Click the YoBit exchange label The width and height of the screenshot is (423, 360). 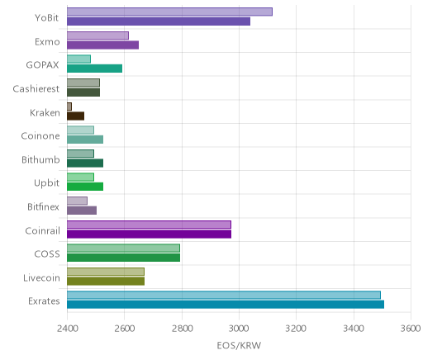(x=46, y=18)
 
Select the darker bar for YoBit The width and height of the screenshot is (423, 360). (x=159, y=21)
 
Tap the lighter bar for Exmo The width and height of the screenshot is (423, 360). (x=97, y=36)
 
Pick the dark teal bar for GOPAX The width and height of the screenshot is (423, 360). (x=94, y=69)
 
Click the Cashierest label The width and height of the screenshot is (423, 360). (x=36, y=89)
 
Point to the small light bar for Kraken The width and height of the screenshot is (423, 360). (x=69, y=107)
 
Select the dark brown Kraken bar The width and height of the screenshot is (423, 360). (x=75, y=116)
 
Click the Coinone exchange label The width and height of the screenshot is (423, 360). (x=40, y=136)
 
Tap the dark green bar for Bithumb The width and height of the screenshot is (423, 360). (x=85, y=163)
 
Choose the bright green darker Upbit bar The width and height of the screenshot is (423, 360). (x=85, y=187)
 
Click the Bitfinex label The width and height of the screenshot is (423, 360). (x=43, y=206)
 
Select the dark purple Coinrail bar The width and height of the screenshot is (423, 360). (x=149, y=234)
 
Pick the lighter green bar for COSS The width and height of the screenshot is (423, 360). (x=123, y=249)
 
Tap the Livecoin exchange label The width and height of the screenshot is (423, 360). (x=41, y=278)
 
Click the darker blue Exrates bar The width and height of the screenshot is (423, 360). (x=226, y=305)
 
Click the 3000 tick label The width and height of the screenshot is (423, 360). (x=240, y=329)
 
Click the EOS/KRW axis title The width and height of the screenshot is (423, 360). (x=239, y=345)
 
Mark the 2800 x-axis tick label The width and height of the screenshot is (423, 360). (x=182, y=329)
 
